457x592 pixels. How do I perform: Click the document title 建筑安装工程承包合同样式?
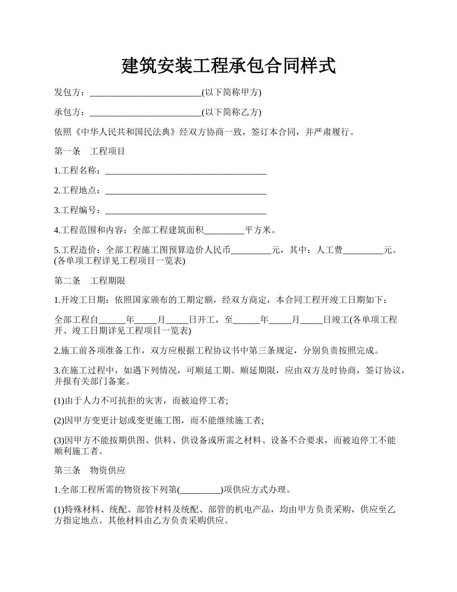tap(228, 66)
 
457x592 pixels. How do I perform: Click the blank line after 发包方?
tap(145, 93)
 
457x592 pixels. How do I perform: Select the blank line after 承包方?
tap(145, 113)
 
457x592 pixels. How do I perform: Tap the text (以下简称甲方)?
tap(231, 92)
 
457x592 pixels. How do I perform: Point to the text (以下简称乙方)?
tap(231, 112)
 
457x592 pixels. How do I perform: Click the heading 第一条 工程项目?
tap(89, 151)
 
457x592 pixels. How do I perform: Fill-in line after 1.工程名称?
tap(186, 171)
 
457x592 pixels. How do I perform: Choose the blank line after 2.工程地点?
tap(186, 191)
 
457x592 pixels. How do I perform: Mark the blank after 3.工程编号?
tap(186, 211)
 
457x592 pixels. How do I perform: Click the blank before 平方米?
tap(224, 231)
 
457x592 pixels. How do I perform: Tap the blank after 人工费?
tap(363, 250)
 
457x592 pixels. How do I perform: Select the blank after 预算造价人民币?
tap(251, 250)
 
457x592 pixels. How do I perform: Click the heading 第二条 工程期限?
tap(89, 281)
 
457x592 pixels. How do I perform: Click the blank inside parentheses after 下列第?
tap(200, 490)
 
